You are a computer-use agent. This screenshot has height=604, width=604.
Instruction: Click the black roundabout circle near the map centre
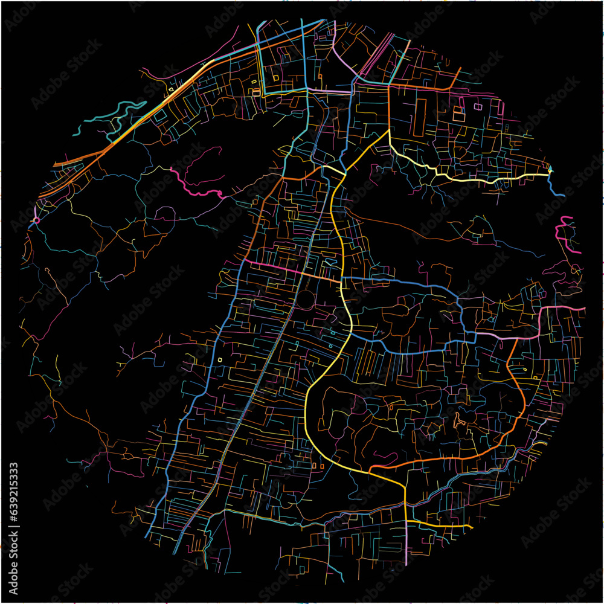[305, 298]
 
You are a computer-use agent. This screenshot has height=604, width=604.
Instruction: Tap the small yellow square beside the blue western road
[220, 360]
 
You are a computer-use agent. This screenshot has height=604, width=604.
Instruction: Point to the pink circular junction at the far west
[36, 220]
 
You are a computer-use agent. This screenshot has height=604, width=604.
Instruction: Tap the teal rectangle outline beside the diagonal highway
[161, 117]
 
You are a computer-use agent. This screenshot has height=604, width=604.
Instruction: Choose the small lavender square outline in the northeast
[478, 107]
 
